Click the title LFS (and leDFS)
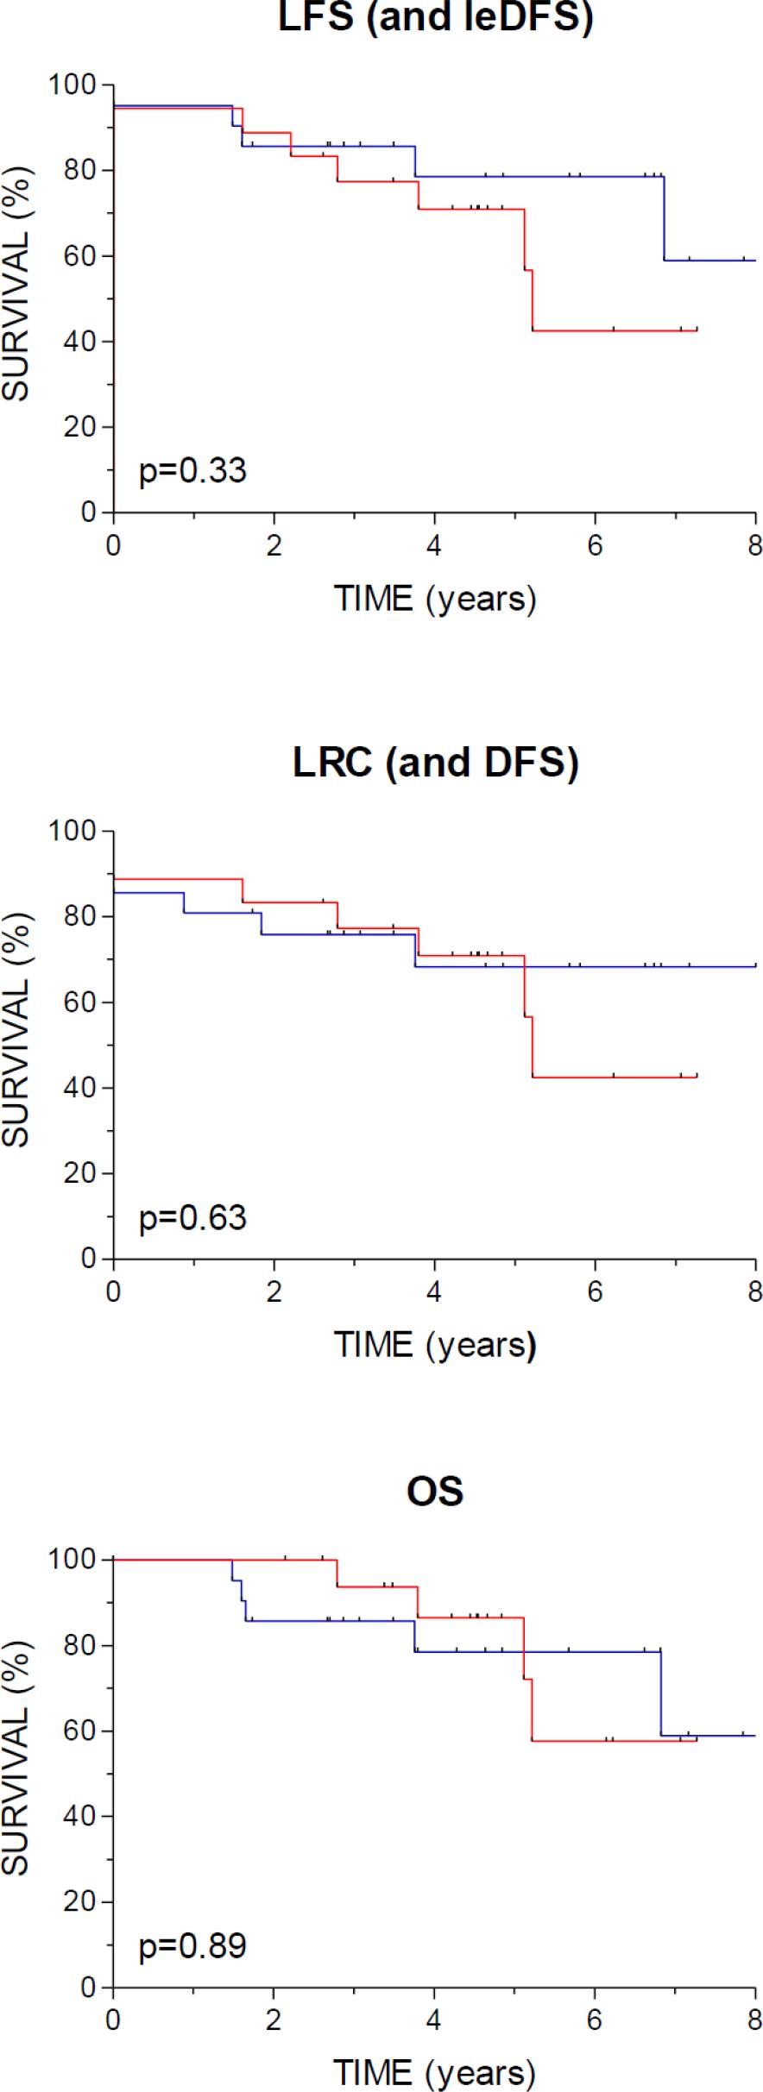(x=435, y=17)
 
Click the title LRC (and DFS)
(x=435, y=763)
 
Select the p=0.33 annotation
(x=192, y=471)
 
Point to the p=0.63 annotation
(x=192, y=1217)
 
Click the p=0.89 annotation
(x=192, y=1946)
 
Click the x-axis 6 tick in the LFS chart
(x=595, y=546)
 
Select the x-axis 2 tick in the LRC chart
(x=274, y=1292)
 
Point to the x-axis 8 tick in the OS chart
(x=755, y=2021)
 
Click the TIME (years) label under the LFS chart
(x=435, y=598)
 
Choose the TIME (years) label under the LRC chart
(x=435, y=1344)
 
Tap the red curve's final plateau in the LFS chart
(x=613, y=330)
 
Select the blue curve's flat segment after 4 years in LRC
(x=587, y=966)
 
